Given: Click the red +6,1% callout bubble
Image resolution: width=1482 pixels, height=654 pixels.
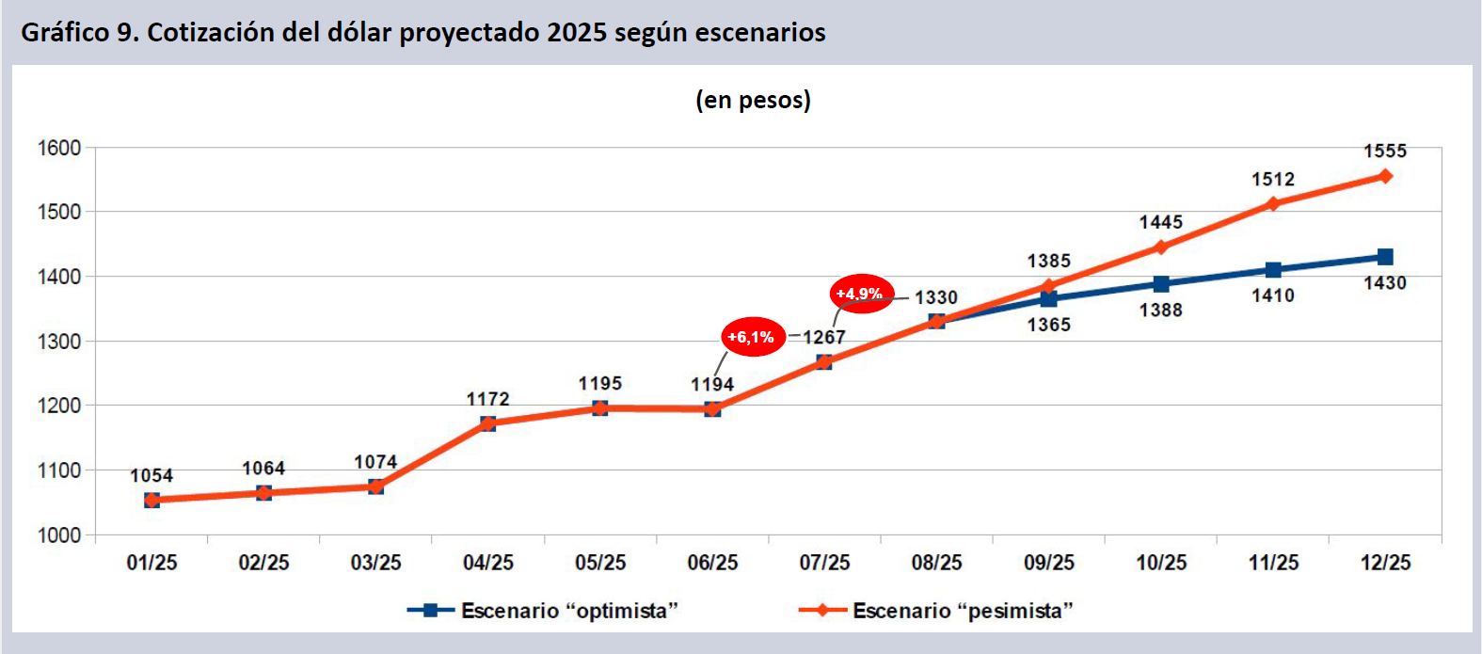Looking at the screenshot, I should tap(753, 337).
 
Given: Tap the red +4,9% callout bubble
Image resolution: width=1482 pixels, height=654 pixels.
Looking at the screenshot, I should tap(861, 294).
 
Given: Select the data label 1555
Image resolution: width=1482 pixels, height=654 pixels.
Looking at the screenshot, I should tap(1385, 151).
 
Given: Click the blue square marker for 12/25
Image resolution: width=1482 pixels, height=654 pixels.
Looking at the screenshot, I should tap(1385, 257).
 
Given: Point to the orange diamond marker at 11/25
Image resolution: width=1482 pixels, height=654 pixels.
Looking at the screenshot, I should tap(1273, 203).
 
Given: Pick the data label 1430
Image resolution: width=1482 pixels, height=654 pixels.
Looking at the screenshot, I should tap(1385, 283).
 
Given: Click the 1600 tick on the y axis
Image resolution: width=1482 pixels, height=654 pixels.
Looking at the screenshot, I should tap(59, 148).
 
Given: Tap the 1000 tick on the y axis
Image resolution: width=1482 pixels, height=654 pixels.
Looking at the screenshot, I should tap(59, 534).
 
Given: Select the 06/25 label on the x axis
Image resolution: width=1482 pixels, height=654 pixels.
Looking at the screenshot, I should tap(712, 563).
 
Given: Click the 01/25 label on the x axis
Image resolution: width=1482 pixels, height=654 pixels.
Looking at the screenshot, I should tap(151, 563).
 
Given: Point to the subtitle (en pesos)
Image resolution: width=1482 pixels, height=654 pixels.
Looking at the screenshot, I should tap(753, 100).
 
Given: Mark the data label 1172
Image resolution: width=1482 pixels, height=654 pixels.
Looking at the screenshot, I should tap(487, 399).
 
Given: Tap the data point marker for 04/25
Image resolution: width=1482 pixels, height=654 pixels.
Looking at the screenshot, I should tap(487, 423).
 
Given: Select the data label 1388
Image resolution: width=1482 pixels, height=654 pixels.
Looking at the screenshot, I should tap(1161, 310).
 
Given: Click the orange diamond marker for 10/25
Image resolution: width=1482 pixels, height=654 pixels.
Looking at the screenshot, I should tap(1161, 247).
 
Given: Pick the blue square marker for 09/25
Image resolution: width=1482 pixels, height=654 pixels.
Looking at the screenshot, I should tap(1049, 299).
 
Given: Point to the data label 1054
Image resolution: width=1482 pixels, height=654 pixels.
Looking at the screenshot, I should tap(151, 475).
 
